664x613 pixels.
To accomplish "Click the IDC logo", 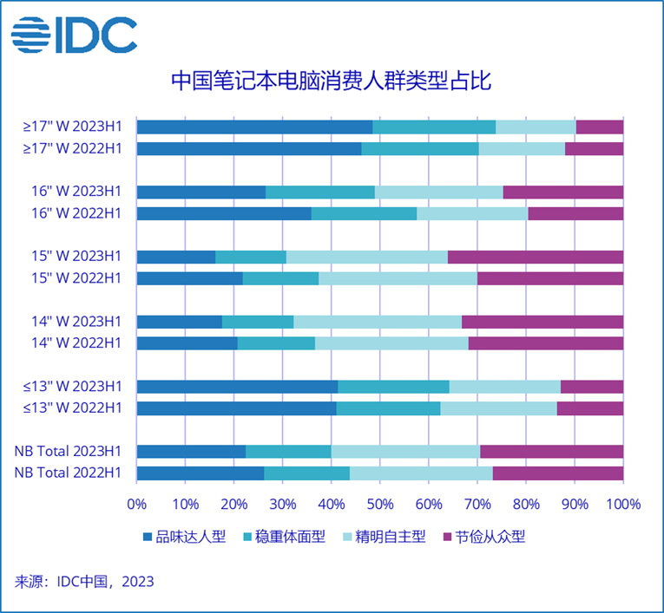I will tap(74, 34).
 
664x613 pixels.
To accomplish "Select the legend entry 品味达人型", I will tap(184, 537).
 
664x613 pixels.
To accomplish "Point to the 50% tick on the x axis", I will tap(380, 504).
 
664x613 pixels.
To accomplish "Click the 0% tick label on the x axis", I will tap(137, 504).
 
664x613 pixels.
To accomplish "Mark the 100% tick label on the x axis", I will tap(623, 504).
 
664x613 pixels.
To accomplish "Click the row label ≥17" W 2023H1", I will tap(73, 127).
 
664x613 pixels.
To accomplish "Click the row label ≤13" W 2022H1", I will tap(73, 408).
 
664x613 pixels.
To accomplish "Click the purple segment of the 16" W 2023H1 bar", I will tap(562, 192).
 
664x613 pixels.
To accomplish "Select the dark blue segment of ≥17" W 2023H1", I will tap(254, 127).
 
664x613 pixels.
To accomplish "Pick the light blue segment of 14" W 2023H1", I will tap(378, 322).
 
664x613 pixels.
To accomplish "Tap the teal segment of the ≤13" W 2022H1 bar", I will tap(388, 408).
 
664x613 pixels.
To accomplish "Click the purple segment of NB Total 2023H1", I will tap(551, 451).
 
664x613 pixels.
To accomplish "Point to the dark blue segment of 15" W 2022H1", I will tap(189, 278).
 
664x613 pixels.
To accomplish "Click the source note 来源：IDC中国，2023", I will tap(85, 581).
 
